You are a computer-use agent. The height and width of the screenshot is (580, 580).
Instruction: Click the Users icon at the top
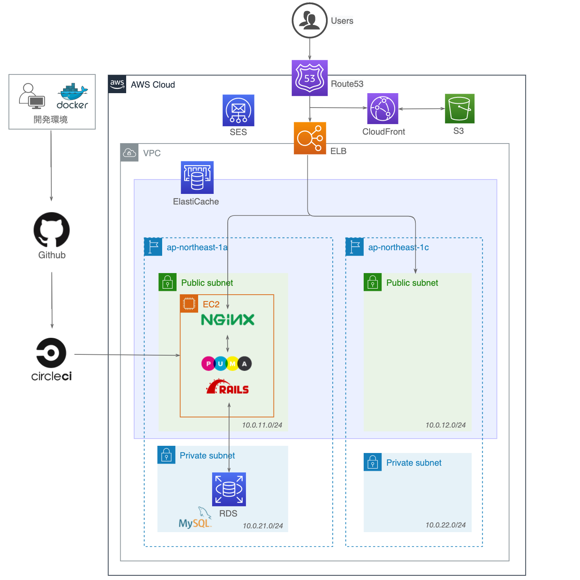coord(309,20)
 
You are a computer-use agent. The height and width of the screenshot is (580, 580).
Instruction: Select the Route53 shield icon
coord(309,78)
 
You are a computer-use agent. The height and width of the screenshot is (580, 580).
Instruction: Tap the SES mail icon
coord(238,110)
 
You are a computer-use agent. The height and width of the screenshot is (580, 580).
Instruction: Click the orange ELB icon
coord(310,138)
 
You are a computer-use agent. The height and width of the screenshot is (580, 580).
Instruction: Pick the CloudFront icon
coord(383,108)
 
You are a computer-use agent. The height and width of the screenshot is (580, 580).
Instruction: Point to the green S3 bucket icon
coord(459,108)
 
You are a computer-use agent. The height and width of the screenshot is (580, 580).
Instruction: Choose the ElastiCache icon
coord(197,177)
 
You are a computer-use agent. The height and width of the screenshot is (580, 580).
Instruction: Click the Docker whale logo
coord(73,92)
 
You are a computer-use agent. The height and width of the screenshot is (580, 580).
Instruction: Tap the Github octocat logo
coord(52,229)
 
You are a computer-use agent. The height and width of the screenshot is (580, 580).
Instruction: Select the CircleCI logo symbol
coord(51,353)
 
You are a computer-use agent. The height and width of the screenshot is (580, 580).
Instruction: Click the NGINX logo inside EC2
coord(228,320)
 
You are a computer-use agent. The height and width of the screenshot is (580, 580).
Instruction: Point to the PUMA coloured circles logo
coord(226,363)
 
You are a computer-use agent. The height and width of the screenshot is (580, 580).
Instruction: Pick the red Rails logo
coord(227,387)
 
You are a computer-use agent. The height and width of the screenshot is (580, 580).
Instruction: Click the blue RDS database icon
coord(229,489)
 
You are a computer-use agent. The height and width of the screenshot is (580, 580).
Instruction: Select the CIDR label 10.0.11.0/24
coord(262,425)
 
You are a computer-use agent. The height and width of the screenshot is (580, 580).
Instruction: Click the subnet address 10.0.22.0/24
coord(445,525)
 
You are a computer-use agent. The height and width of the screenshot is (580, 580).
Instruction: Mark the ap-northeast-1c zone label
coord(398,247)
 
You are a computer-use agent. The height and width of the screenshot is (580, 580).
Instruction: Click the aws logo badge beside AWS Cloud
coord(117,84)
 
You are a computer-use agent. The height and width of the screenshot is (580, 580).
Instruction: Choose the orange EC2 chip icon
coord(189,304)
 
